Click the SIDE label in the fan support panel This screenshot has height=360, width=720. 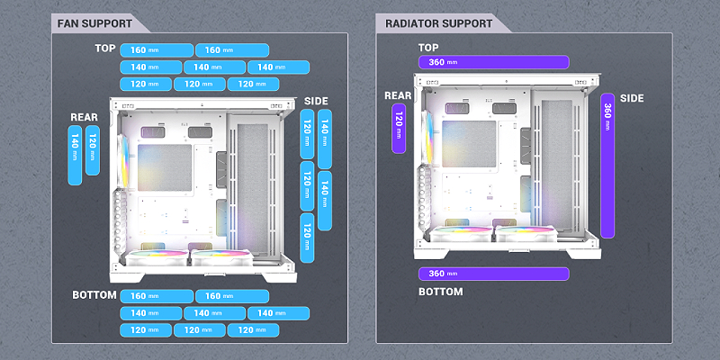point(316,100)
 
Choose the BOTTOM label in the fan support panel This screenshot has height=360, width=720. point(94,295)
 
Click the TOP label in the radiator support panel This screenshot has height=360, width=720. point(428,47)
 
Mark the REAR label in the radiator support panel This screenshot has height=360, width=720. point(398,94)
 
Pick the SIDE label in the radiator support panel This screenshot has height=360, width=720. point(632,96)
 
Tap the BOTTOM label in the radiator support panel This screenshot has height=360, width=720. point(441,292)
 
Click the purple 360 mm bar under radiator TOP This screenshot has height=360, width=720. point(493,61)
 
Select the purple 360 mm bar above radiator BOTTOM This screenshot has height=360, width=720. point(493,274)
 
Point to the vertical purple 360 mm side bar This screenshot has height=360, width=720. point(607,165)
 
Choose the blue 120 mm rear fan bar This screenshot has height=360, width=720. point(93,148)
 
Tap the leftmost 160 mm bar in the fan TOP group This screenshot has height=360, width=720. point(155,49)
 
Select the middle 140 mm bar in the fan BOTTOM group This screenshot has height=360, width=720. point(214,313)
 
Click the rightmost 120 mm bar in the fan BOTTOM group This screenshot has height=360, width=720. point(253,330)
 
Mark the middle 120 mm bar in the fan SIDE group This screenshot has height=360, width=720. point(308,186)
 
